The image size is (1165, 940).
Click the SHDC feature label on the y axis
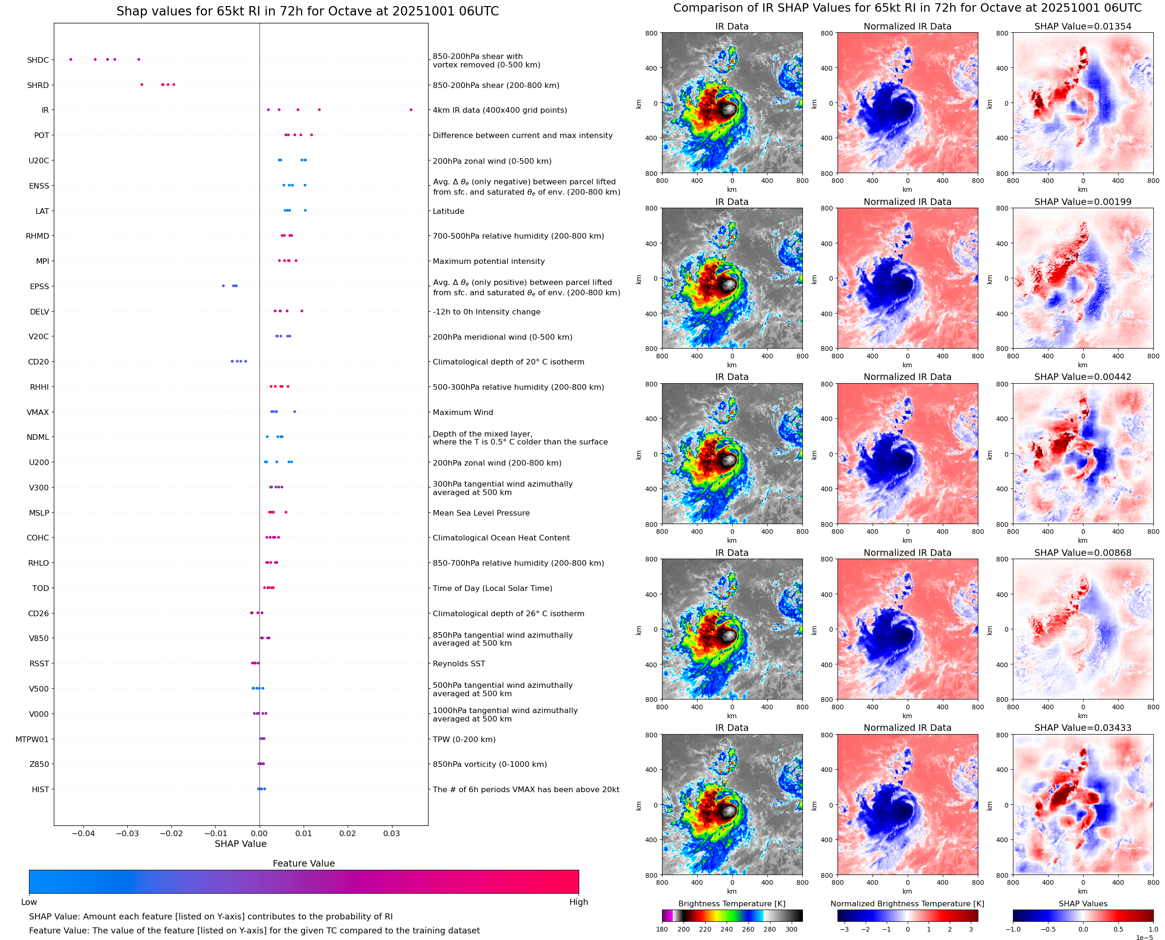[x=38, y=60]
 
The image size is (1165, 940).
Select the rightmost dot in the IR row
[x=411, y=110]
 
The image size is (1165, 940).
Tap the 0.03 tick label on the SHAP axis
[x=392, y=833]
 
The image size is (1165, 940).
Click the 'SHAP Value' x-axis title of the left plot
[x=240, y=844]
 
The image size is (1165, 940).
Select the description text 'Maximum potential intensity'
[x=488, y=262]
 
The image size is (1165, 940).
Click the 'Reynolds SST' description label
[x=459, y=664]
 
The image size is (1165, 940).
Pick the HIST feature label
[x=40, y=789]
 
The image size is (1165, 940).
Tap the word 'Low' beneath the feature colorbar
[x=29, y=902]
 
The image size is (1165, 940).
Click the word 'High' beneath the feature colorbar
[x=578, y=902]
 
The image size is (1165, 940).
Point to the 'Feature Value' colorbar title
[x=304, y=864]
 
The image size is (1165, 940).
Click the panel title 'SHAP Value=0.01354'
[x=1082, y=27]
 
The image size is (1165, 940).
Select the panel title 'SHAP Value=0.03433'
[x=1082, y=728]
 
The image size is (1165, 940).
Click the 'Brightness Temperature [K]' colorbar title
[x=731, y=904]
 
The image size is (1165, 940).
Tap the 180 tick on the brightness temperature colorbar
[x=662, y=929]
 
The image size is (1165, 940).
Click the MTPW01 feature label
[x=32, y=740]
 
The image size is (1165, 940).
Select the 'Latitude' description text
[x=448, y=211]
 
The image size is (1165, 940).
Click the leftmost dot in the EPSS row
[x=223, y=286]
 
